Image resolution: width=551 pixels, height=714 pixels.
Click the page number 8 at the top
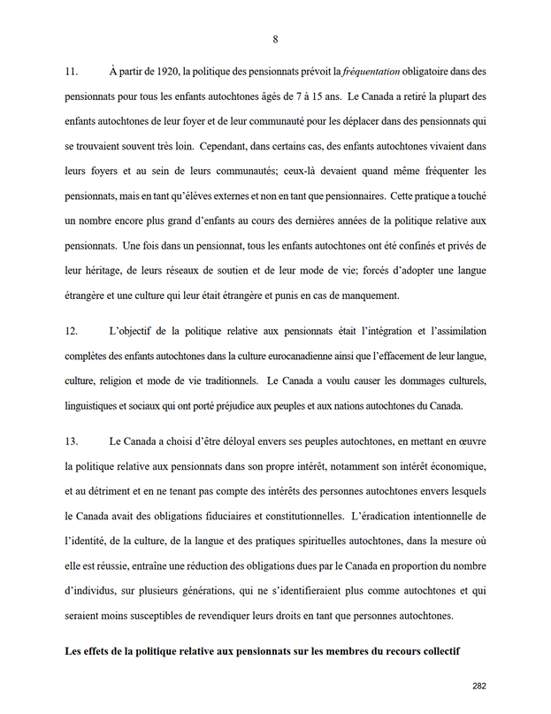click(x=275, y=39)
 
